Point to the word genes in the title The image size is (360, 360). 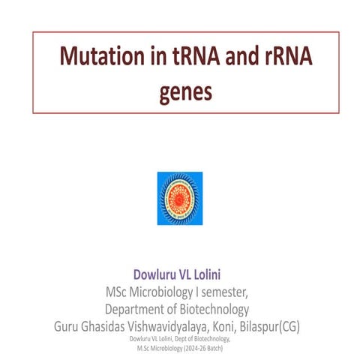click(x=185, y=92)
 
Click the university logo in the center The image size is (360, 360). click(x=180, y=198)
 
